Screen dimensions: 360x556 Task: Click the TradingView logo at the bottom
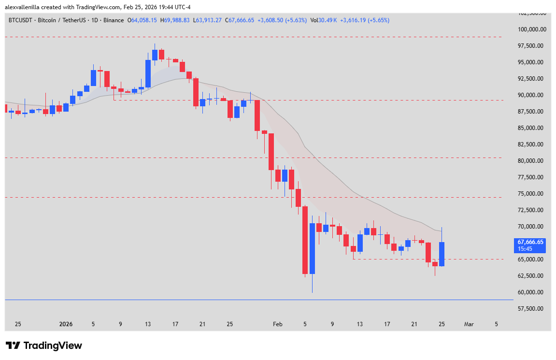pos(43,346)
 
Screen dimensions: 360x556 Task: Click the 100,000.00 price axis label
pos(531,29)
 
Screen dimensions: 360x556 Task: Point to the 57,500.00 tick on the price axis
pos(531,309)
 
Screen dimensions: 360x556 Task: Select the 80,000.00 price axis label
pos(531,161)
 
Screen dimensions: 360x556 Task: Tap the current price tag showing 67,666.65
pos(530,245)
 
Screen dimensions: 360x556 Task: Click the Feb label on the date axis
pos(277,324)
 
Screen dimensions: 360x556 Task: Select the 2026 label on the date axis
pos(66,324)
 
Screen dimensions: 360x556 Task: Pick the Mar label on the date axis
pos(469,324)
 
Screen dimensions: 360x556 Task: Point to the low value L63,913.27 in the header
pos(208,20)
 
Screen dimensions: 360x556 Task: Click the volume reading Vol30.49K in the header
pos(324,20)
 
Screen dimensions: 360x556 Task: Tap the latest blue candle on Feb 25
pos(442,254)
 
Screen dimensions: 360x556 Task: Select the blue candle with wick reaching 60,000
pos(312,248)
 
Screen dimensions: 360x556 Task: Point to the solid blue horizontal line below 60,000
pos(242,300)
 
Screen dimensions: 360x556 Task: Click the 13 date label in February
pos(360,324)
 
